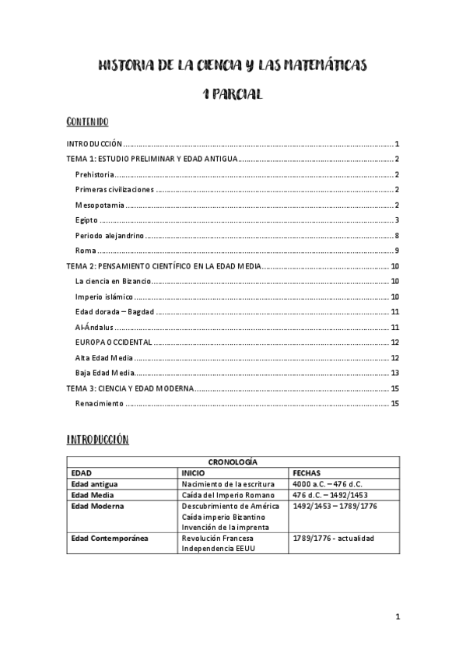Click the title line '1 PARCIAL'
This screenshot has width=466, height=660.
pyautogui.click(x=233, y=94)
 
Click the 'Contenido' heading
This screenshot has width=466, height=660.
pyautogui.click(x=87, y=122)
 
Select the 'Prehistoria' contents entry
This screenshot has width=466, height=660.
pyautogui.click(x=95, y=174)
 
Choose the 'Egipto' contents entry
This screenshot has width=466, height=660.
pyautogui.click(x=86, y=220)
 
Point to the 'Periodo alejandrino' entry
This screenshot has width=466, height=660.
pyautogui.click(x=110, y=235)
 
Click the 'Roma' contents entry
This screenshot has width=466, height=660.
pyautogui.click(x=86, y=251)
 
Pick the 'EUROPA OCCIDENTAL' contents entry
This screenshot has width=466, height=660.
pyautogui.click(x=113, y=342)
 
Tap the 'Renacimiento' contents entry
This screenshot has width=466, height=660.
pyautogui.click(x=100, y=403)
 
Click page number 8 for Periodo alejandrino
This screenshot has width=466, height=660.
pyautogui.click(x=396, y=235)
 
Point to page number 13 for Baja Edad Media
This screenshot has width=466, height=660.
pyautogui.click(x=394, y=373)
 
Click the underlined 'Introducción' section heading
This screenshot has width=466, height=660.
pyautogui.click(x=97, y=440)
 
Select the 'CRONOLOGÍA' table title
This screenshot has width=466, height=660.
pyautogui.click(x=233, y=462)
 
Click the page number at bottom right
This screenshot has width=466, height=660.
pyautogui.click(x=397, y=618)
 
